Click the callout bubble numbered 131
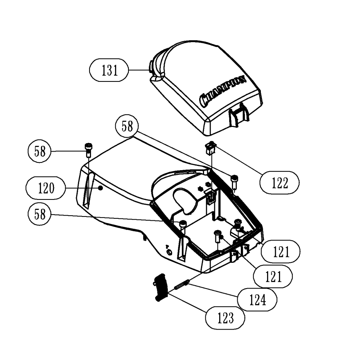coord(109,71)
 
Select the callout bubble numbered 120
coord(45,189)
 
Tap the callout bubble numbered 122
coord(280,183)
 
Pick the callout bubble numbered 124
coord(257,299)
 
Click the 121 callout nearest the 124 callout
coord(273,276)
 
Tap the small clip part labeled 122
coord(210,148)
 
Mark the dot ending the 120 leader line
coord(100,188)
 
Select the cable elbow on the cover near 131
coord(158,66)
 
